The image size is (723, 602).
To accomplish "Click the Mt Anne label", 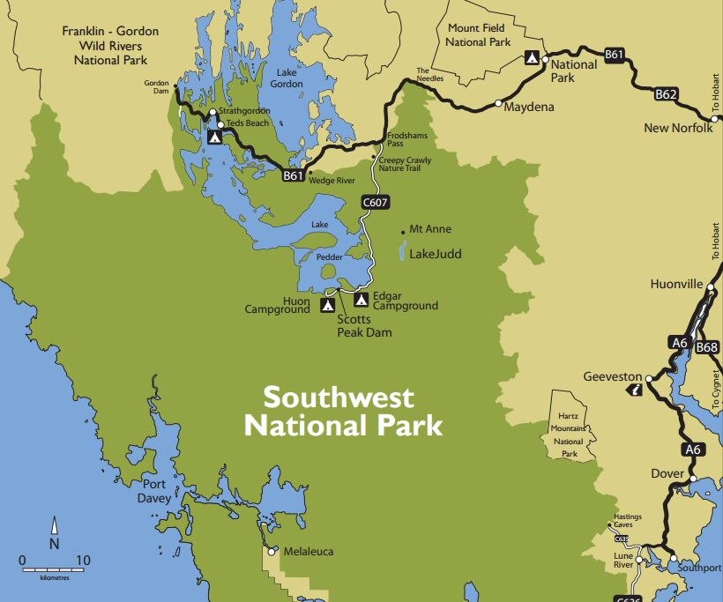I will (x=431, y=229).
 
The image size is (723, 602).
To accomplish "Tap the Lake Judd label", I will (x=436, y=255).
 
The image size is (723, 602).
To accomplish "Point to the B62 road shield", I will (x=667, y=93).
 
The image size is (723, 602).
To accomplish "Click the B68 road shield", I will (x=707, y=348).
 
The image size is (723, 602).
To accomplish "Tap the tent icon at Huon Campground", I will (x=327, y=305).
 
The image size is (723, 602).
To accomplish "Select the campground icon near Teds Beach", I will (x=214, y=137).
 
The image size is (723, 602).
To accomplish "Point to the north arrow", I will (x=54, y=533).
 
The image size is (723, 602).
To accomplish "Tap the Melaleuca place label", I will (x=309, y=552).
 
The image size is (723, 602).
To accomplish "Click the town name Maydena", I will (x=525, y=108).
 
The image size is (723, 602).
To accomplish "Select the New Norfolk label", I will (x=677, y=128).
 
